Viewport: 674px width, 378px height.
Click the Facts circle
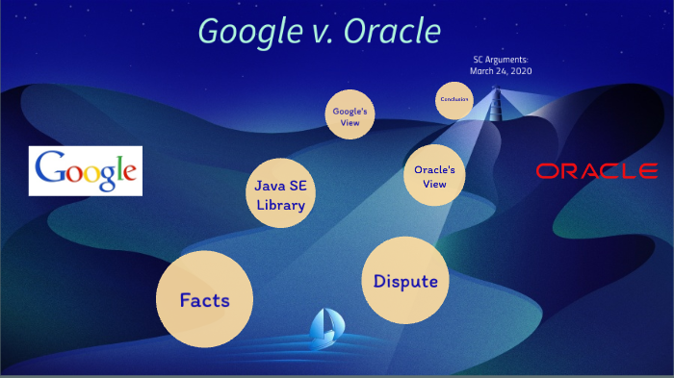[204, 299]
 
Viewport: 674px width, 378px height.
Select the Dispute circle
[405, 281]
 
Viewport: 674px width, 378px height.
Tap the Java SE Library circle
[280, 193]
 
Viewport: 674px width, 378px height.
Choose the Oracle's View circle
[434, 176]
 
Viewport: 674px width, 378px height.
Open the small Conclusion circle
[454, 100]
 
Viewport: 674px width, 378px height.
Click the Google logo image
[86, 171]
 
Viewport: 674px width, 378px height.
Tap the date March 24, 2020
[501, 71]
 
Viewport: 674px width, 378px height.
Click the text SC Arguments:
[501, 60]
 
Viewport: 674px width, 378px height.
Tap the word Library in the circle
[280, 204]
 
